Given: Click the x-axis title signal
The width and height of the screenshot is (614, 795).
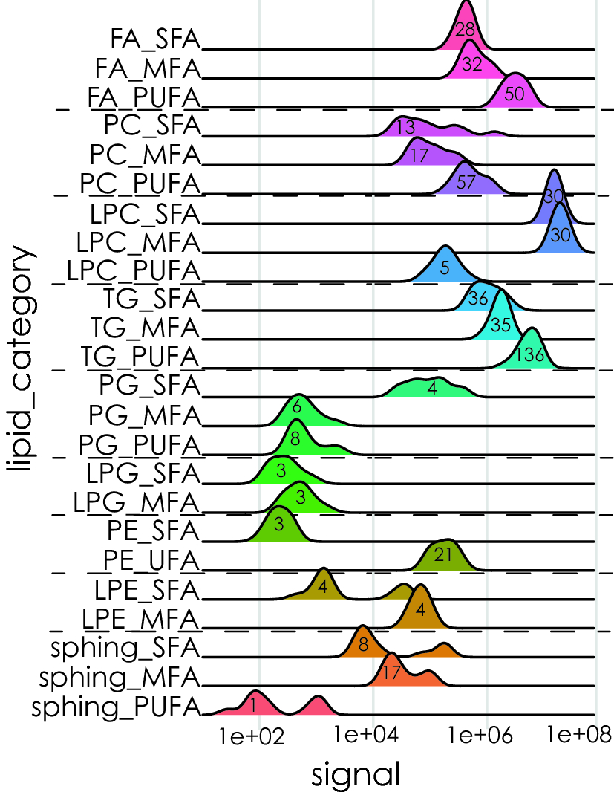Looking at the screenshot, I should click(x=356, y=774).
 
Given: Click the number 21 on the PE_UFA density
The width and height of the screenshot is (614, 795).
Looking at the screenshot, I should click(x=443, y=555).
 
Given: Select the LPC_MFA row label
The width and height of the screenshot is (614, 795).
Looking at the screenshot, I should click(x=139, y=242).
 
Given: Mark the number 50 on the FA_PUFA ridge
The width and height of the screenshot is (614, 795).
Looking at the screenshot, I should click(x=515, y=94).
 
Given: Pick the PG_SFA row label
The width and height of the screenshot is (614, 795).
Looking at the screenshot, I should click(x=149, y=385).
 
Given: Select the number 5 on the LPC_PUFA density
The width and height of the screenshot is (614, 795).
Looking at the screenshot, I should click(x=444, y=268).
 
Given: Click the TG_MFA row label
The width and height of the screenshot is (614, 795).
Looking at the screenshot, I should click(x=145, y=327).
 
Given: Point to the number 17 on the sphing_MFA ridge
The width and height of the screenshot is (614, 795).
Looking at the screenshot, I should click(x=391, y=674).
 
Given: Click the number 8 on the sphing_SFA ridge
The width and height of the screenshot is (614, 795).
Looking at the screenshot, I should click(x=362, y=645).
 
